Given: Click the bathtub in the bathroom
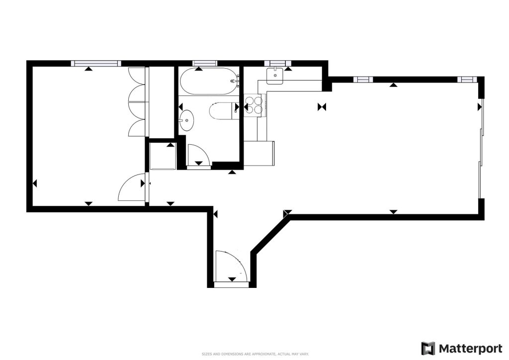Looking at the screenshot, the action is click(209, 81).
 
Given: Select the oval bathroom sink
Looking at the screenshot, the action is click(187, 120).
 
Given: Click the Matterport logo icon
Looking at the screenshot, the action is click(428, 348).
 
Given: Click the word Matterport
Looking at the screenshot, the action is click(470, 349).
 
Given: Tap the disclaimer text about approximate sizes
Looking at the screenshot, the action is click(255, 354).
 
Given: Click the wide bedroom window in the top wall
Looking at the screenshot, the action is click(96, 63).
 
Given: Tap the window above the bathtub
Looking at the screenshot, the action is click(204, 63).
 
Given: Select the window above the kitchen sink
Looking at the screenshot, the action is click(277, 63).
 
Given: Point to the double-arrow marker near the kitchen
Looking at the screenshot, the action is click(322, 107).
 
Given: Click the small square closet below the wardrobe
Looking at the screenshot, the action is click(163, 156).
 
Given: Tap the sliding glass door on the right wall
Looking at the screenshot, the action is click(482, 148).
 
